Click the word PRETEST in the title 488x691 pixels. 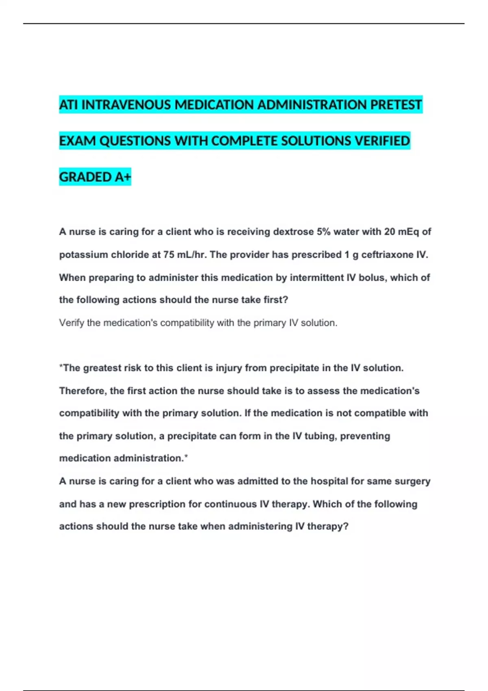(x=396, y=105)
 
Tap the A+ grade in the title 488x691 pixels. (x=123, y=177)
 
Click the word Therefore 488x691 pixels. (x=83, y=391)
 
